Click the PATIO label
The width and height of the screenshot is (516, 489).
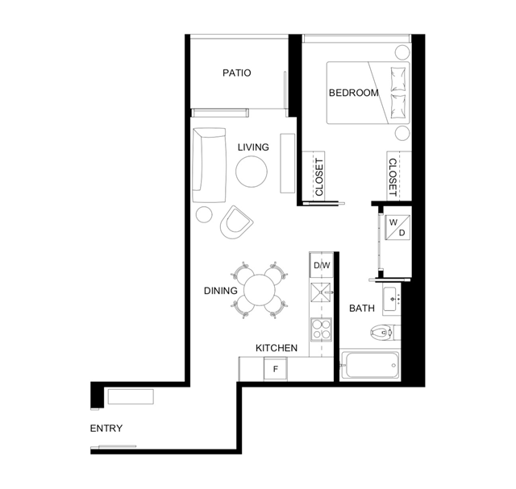(x=236, y=73)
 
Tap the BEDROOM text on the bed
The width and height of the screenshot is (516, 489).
(x=354, y=93)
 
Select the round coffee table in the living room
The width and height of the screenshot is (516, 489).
(x=252, y=172)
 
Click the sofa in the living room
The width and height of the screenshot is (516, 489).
(x=209, y=165)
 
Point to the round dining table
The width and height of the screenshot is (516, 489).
(x=260, y=290)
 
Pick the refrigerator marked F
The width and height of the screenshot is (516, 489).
(x=276, y=369)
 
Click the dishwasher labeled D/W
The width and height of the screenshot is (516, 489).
(x=322, y=265)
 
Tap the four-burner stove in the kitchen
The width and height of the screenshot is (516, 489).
(x=321, y=329)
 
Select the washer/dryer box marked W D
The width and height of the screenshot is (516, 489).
(x=397, y=227)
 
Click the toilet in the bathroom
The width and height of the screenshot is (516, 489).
(x=385, y=333)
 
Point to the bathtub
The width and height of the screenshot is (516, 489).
(x=370, y=365)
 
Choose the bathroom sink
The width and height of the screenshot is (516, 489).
(x=391, y=299)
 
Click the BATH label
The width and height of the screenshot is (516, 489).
(x=362, y=308)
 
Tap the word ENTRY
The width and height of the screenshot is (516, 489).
(x=106, y=428)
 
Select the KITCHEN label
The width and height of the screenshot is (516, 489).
(x=277, y=348)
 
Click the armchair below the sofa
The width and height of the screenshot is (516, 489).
(x=236, y=222)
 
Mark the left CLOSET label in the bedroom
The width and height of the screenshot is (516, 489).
(x=319, y=177)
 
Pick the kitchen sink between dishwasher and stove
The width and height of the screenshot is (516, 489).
(x=321, y=292)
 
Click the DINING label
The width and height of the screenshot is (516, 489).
(x=220, y=291)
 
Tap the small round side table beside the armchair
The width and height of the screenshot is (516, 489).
(x=204, y=214)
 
